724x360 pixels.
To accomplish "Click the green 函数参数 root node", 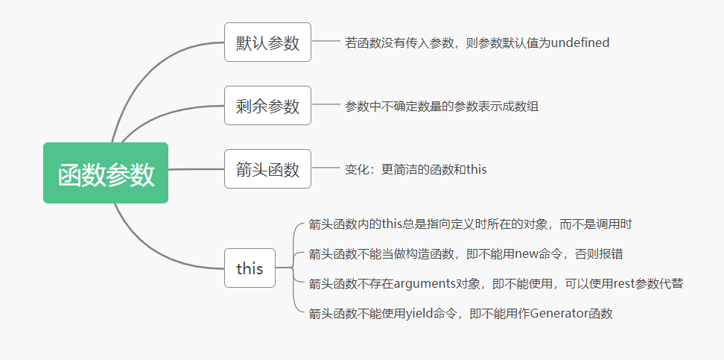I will (106, 173).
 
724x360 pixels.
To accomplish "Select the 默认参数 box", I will (267, 42).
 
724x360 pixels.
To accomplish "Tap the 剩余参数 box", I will (267, 106).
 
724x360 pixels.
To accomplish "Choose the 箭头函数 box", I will (267, 169).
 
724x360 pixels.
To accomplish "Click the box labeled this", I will (250, 268).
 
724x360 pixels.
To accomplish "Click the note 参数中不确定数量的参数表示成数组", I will (441, 106).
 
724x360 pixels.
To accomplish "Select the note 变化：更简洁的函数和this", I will (416, 169).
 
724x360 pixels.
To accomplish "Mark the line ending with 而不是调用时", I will (471, 224).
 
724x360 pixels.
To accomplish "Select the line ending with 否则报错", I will (466, 253).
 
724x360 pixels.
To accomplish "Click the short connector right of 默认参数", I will (326, 42).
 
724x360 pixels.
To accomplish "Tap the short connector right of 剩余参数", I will (326, 105).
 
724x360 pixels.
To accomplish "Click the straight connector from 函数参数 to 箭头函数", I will (196, 170).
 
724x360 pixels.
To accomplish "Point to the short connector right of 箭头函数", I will (326, 168).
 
